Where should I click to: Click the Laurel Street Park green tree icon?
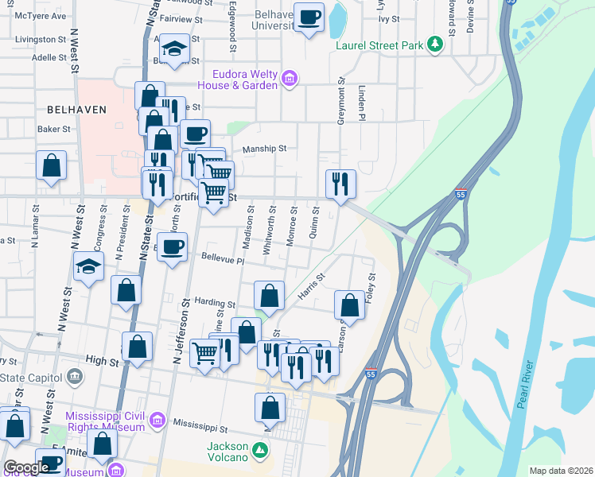pyautogui.click(x=435, y=45)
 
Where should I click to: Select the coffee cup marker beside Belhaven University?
pyautogui.click(x=309, y=17)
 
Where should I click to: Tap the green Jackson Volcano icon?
pyautogui.click(x=260, y=452)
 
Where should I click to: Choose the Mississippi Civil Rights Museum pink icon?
pyautogui.click(x=157, y=419)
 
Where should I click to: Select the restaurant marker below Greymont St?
pyautogui.click(x=340, y=184)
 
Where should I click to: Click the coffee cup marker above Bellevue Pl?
pyautogui.click(x=172, y=247)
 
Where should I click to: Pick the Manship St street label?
pyautogui.click(x=264, y=148)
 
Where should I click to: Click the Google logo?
pyautogui.click(x=25, y=468)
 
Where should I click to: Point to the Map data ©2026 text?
pyautogui.click(x=560, y=471)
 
